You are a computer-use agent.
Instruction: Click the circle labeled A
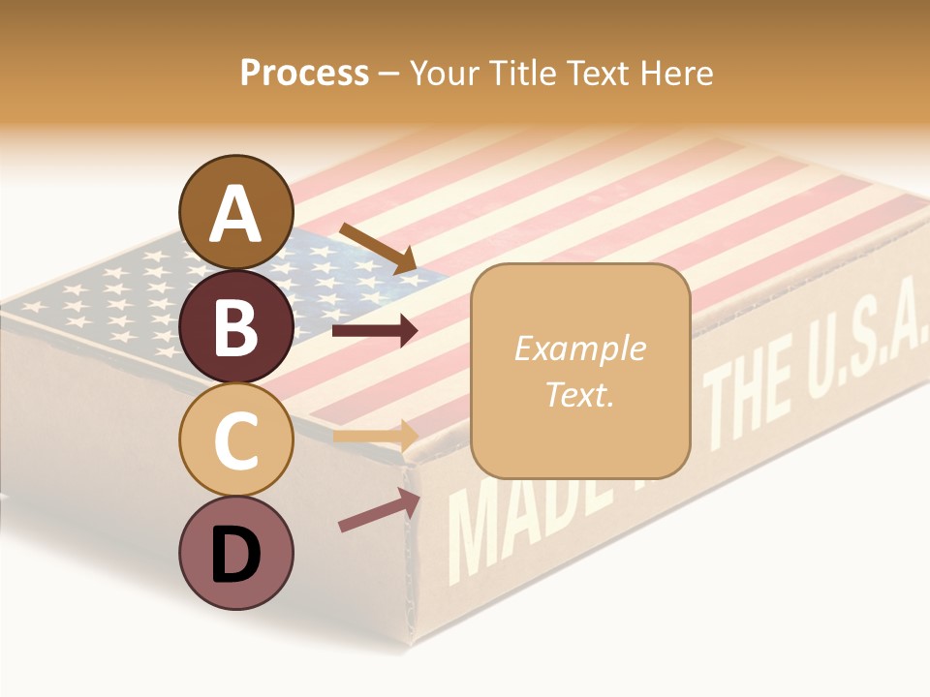235,212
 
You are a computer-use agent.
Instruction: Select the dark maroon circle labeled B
235,326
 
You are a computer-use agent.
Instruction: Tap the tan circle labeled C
235,439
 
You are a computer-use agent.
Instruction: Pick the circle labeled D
235,553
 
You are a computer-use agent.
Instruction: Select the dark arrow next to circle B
374,331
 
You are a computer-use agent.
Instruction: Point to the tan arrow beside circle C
374,437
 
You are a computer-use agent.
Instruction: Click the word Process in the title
304,73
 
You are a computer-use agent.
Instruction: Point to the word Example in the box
579,348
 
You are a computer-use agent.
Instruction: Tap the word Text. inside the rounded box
579,394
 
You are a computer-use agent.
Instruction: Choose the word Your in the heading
446,73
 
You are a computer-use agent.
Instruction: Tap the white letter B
235,327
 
